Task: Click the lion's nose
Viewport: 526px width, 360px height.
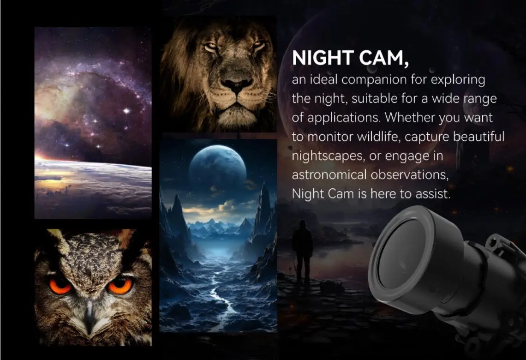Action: (x=237, y=84)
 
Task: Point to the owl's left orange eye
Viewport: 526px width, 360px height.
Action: (x=60, y=286)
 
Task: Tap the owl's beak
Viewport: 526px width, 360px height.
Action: (x=89, y=315)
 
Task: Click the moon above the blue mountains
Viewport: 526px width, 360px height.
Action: (x=217, y=165)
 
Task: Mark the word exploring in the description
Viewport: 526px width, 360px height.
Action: (x=458, y=80)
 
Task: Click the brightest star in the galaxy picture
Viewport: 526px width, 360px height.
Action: (x=126, y=110)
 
